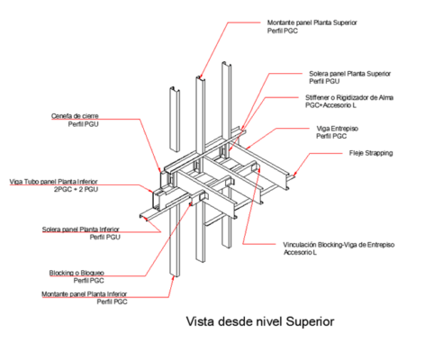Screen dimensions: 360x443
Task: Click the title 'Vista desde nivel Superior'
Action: (x=259, y=319)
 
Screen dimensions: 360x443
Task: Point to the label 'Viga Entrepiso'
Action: (x=334, y=128)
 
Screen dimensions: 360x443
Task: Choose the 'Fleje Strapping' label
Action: (x=371, y=153)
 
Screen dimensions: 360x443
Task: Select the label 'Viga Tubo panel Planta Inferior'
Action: (x=54, y=180)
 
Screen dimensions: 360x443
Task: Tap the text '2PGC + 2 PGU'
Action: (x=77, y=191)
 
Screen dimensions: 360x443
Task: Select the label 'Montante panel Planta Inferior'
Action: (x=84, y=293)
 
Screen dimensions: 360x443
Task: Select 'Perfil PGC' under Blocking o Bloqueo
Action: (x=89, y=281)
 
